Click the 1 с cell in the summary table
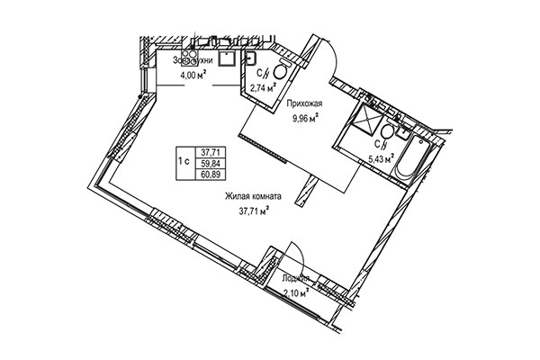tap(183, 162)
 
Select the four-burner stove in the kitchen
tap(191, 56)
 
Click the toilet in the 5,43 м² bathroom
tap(387, 132)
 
